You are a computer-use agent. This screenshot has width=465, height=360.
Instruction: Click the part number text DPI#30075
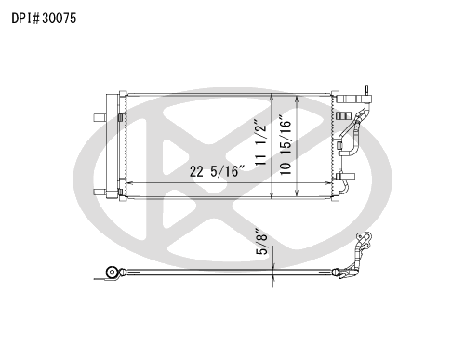coord(44,19)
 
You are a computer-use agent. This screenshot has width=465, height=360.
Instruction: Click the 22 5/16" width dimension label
coord(218,171)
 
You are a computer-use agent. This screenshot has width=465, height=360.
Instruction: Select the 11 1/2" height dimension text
coord(260,141)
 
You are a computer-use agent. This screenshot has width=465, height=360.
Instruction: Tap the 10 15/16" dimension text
coord(286,145)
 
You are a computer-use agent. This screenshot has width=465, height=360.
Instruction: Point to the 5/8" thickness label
coord(261,242)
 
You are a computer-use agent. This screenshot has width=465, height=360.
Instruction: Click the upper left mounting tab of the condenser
coord(100,118)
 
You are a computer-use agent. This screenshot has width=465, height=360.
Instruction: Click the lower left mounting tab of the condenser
coord(100,192)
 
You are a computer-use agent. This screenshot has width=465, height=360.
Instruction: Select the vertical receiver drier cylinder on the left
coord(112,146)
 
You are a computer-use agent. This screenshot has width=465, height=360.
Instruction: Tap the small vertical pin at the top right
coord(366,89)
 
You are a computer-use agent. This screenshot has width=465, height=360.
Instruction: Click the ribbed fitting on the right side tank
coord(344,116)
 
